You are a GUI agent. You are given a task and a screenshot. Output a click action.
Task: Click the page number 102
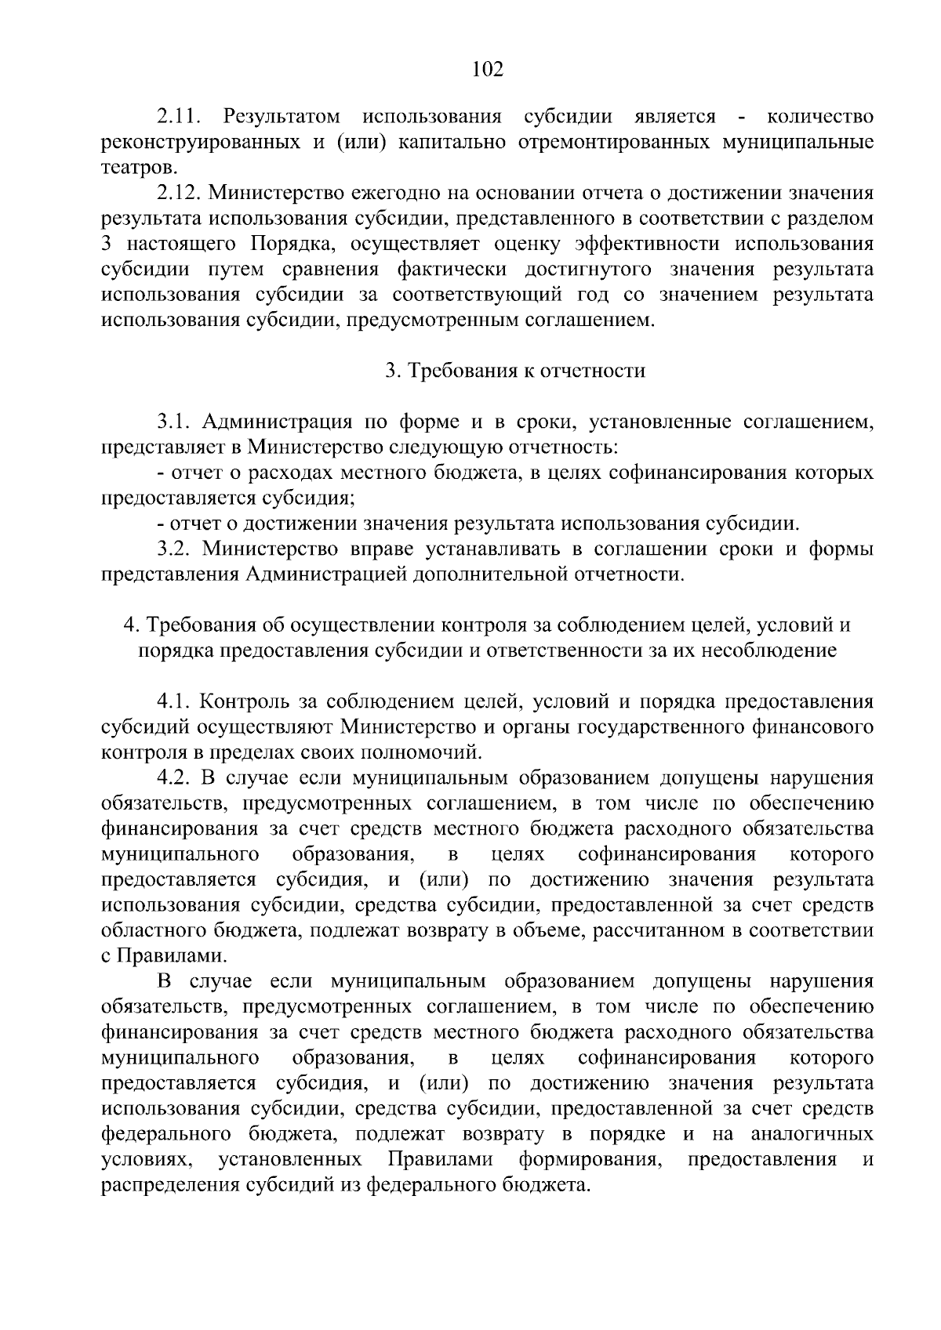pos(487,70)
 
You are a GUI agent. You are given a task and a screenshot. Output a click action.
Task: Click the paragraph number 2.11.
pos(180,118)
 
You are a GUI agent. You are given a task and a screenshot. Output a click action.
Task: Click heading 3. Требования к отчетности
pos(515,371)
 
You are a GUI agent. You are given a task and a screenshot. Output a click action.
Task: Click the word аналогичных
pos(812,1134)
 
